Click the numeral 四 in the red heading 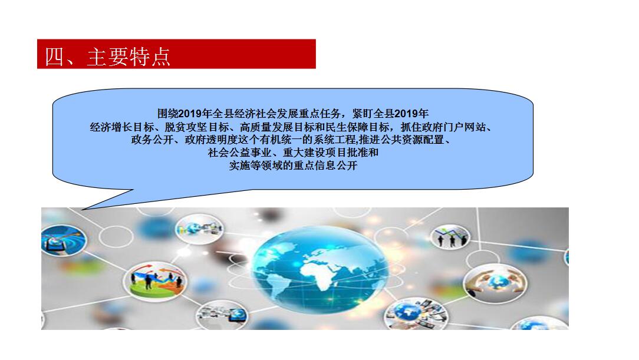55,56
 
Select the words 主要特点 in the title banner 129,56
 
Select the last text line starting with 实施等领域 293,166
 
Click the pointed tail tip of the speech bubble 83,210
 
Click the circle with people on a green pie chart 156,281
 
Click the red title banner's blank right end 245,54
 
